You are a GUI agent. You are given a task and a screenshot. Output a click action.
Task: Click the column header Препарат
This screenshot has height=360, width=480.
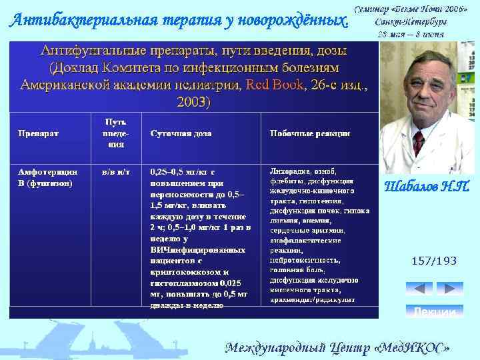38,133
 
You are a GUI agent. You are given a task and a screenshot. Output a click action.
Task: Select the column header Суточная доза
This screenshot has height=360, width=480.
181,133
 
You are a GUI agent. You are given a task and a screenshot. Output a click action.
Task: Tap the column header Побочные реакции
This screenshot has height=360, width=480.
309,133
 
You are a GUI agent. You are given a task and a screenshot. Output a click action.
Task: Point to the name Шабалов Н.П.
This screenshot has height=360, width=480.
427,188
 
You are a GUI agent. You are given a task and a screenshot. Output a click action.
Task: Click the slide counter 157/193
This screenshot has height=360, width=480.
434,261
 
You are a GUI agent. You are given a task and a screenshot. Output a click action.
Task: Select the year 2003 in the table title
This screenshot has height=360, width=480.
192,103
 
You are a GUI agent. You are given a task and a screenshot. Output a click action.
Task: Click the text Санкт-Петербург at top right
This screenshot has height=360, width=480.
410,21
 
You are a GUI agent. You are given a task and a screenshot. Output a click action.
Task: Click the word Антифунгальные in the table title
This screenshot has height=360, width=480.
90,51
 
